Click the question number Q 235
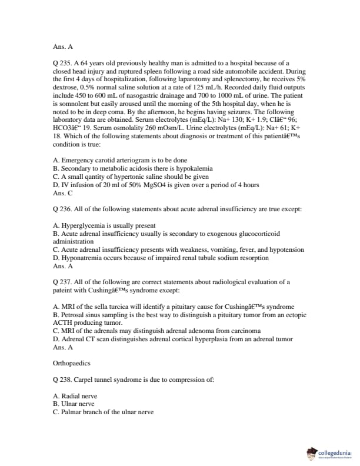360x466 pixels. [61, 63]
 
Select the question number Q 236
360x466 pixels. [61, 208]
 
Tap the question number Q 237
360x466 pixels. [61, 282]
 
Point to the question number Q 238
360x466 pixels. [61, 380]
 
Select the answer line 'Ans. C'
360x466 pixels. [63, 192]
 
